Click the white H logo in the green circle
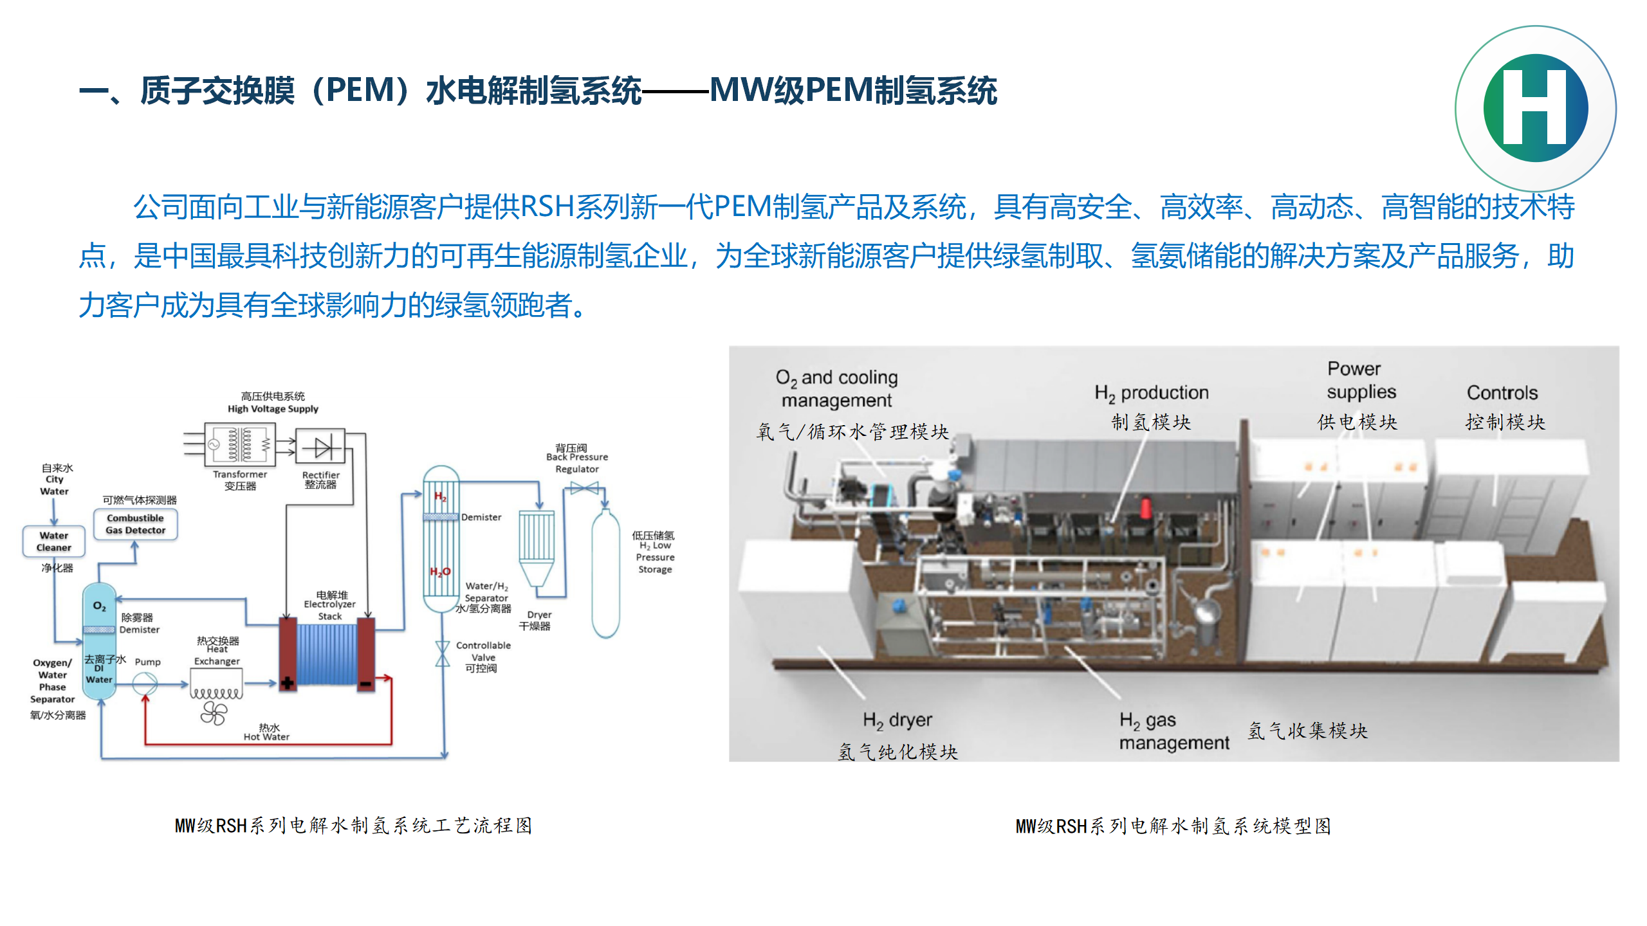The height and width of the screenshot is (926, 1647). [1535, 108]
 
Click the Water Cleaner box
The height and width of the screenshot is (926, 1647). [54, 541]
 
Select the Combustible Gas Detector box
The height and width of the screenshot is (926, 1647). [135, 524]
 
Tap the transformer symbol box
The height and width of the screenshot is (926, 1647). [239, 444]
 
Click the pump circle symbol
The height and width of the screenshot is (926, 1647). [145, 684]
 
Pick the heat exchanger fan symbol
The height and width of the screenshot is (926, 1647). [214, 713]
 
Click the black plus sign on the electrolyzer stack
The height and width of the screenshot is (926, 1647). [288, 683]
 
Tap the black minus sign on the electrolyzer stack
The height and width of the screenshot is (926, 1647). [365, 684]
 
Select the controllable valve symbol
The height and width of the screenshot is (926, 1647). [442, 653]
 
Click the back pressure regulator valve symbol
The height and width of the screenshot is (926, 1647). [584, 489]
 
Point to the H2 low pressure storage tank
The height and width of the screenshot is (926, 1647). [605, 572]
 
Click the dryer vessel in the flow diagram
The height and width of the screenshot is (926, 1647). [537, 547]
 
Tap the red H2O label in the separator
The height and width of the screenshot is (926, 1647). [440, 572]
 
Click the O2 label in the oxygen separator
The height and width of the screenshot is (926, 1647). [99, 606]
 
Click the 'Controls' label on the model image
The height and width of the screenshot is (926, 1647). [1502, 393]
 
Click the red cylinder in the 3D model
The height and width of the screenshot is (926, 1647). [1146, 507]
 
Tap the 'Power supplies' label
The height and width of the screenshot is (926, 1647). [1361, 380]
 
